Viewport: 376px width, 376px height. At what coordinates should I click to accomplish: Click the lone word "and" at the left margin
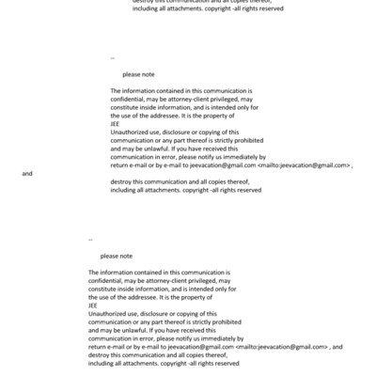tap(27, 174)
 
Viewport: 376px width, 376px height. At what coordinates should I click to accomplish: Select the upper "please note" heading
tap(138, 74)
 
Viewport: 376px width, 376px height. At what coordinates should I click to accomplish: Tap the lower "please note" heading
tap(117, 256)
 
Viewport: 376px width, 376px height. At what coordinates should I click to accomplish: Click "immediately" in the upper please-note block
tap(247, 156)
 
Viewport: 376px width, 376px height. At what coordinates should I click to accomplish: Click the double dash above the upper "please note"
tap(113, 58)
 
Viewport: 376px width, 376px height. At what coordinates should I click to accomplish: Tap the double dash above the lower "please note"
tap(90, 240)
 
